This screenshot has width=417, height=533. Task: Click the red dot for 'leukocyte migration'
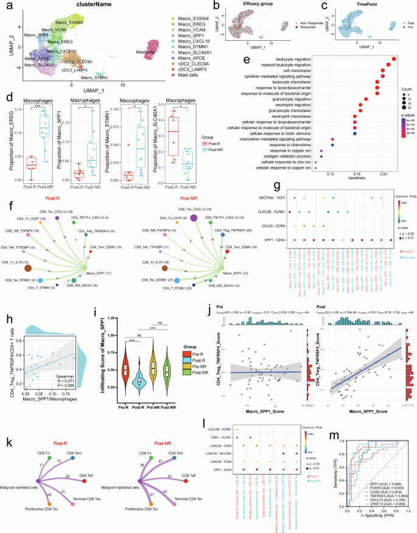coord(394,58)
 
